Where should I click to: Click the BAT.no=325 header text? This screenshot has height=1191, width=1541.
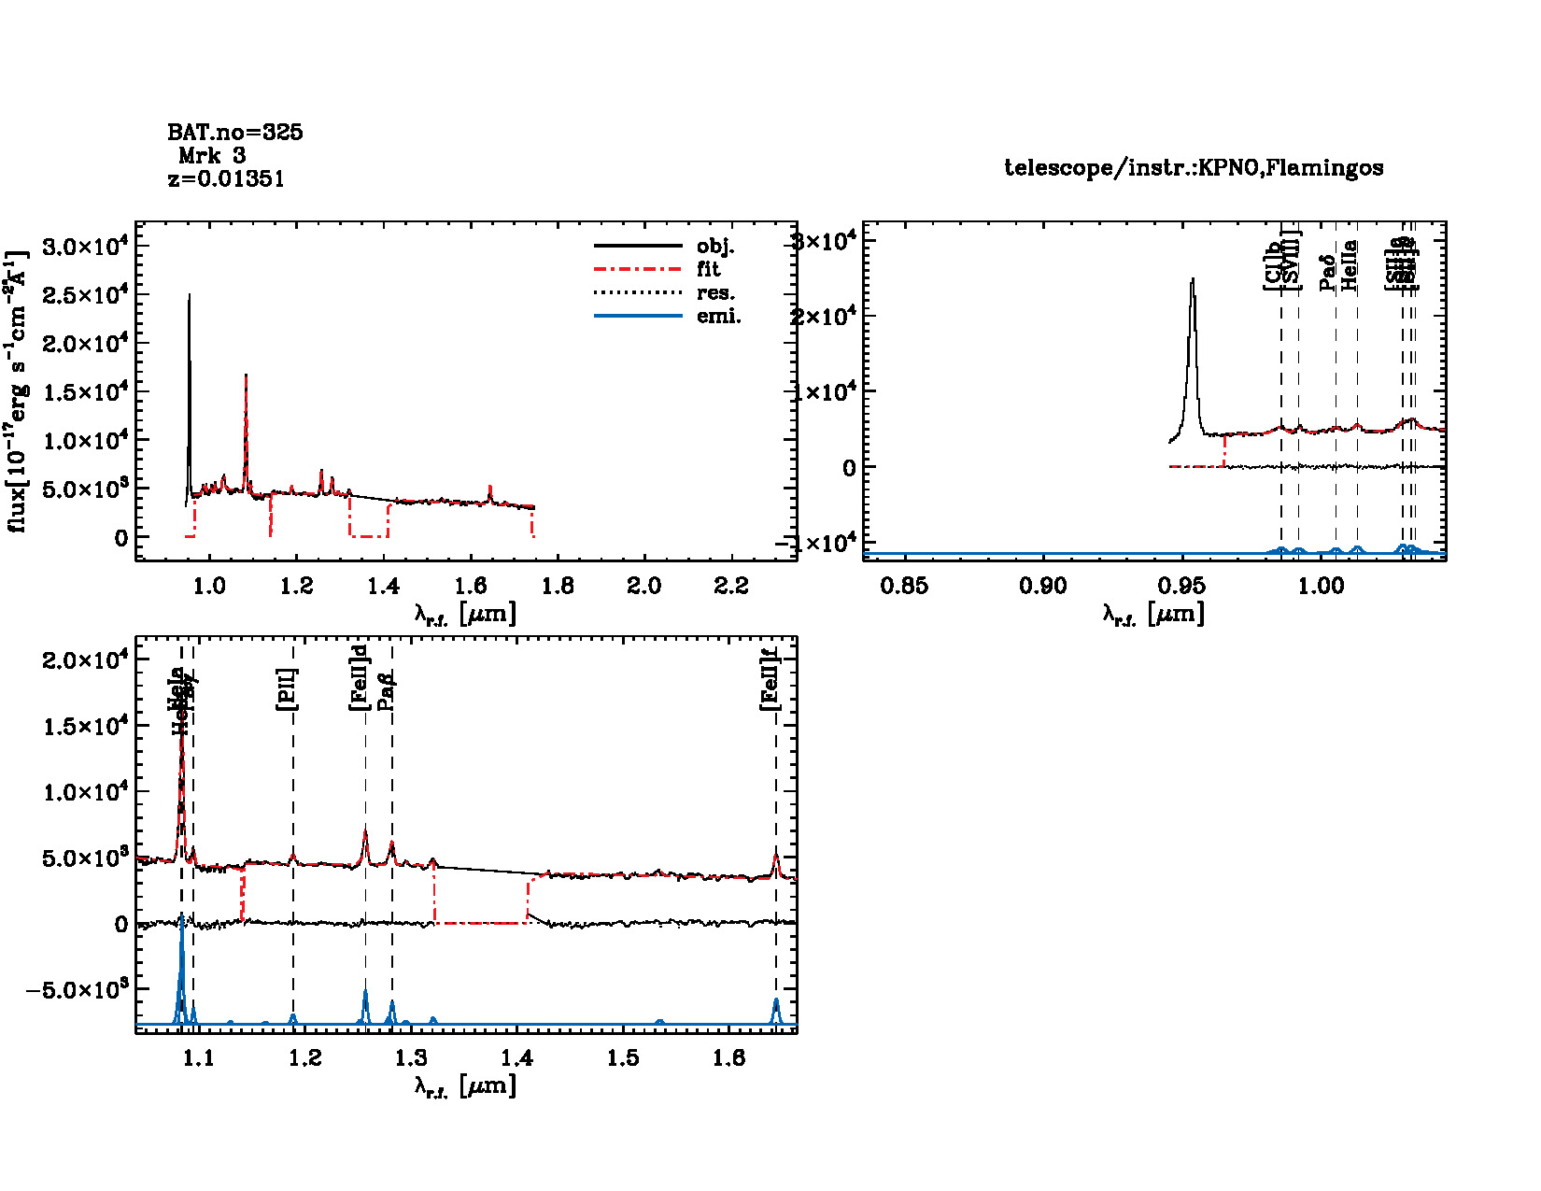tap(234, 133)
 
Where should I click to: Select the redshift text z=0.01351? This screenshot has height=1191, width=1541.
tap(226, 179)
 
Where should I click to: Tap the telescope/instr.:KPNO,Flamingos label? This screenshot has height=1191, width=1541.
tap(1194, 168)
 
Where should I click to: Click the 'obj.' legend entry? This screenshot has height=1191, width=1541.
tap(715, 247)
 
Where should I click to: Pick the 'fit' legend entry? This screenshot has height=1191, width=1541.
tap(708, 270)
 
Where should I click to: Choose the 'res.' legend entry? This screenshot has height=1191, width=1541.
tap(715, 293)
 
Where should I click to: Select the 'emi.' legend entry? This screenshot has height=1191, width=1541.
tap(718, 317)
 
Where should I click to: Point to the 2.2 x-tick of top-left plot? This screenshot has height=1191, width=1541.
tap(731, 586)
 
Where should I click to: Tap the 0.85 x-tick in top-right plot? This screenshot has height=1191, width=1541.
tap(904, 586)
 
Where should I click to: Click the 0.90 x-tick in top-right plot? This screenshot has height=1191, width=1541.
tap(1043, 586)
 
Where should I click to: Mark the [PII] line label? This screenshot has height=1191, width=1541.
tap(287, 689)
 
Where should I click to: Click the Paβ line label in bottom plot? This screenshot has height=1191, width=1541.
tap(386, 691)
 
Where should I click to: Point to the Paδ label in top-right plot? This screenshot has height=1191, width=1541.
tap(1327, 273)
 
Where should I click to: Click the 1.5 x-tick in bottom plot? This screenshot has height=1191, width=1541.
tap(624, 1058)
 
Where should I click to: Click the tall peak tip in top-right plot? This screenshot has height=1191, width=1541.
tap(1193, 279)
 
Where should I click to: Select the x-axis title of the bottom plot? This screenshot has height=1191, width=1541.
tap(465, 1085)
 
